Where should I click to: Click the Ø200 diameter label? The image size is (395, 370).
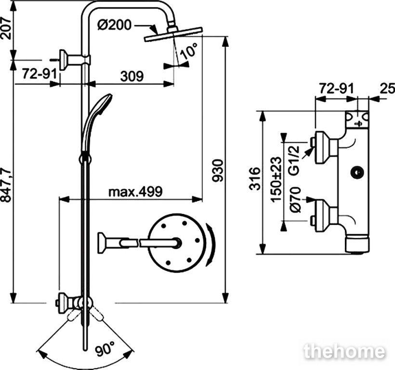(114, 25)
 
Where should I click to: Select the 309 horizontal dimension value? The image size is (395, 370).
(132, 76)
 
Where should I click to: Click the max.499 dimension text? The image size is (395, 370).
(135, 192)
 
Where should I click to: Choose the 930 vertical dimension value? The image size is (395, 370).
(217, 171)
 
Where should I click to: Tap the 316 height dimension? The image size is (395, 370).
(254, 179)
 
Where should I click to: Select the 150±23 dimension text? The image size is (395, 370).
(276, 179)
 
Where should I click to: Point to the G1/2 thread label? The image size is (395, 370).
(294, 160)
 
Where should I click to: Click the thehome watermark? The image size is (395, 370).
(344, 351)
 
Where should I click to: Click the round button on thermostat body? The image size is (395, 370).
(357, 173)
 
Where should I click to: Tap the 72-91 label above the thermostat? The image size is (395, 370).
(337, 89)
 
